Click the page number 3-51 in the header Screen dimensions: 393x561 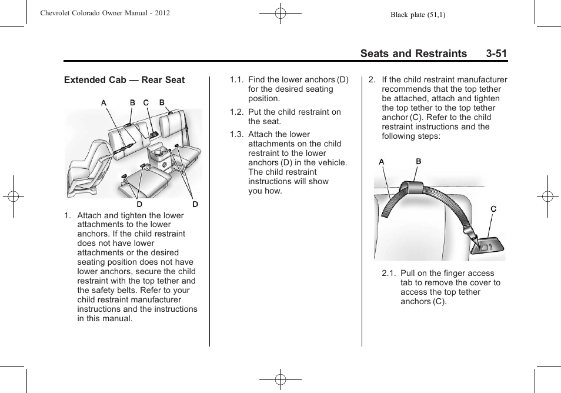point(496,54)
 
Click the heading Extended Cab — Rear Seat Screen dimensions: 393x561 point(124,80)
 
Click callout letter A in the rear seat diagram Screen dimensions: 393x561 point(103,102)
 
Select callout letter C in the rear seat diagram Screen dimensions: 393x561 point(146,102)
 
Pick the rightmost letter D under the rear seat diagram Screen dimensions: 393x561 point(195,204)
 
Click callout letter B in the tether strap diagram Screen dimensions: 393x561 point(419,161)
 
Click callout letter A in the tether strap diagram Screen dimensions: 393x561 point(381,162)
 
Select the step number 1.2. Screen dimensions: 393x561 point(236,112)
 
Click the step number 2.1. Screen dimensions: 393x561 point(389,274)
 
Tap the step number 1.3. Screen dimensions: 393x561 point(236,134)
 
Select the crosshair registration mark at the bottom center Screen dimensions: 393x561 point(280,379)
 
